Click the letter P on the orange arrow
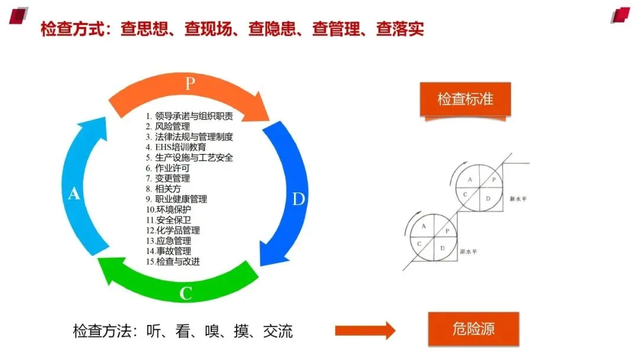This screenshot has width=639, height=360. coord(189,83)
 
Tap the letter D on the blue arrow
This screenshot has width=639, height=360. coord(298,199)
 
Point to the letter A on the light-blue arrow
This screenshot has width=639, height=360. coord(74,193)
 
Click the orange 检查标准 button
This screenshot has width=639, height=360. coord(465,99)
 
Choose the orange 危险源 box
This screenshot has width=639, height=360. coord(473,330)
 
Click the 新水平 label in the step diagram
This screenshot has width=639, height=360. coord(518,199)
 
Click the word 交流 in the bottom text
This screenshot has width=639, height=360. coord(277,330)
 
